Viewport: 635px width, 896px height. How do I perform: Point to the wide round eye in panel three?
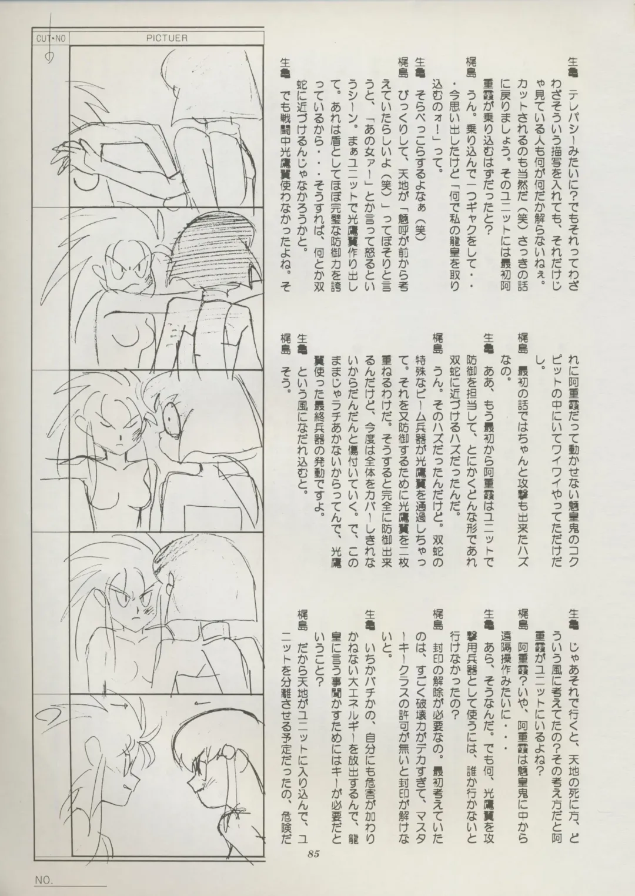tap(172, 419)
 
